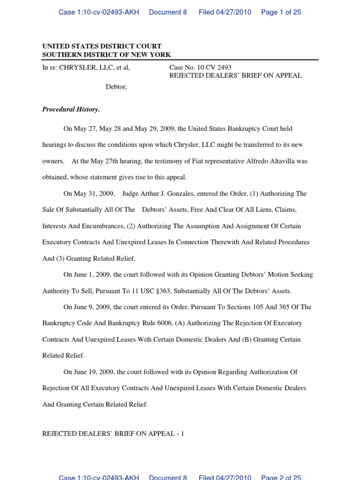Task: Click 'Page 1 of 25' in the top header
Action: pyautogui.click(x=281, y=12)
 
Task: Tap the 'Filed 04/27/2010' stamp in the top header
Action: pyautogui.click(x=225, y=12)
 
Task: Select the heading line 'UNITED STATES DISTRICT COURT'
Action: pyautogui.click(x=102, y=46)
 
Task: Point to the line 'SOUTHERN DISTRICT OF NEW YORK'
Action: pyautogui.click(x=106, y=55)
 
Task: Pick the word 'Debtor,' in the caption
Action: pyautogui.click(x=116, y=87)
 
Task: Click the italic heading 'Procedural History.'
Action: pyautogui.click(x=71, y=110)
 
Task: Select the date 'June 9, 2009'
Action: pyautogui.click(x=92, y=307)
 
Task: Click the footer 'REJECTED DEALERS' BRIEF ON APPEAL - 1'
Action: pyautogui.click(x=113, y=434)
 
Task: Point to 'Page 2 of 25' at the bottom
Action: pyautogui.click(x=281, y=477)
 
